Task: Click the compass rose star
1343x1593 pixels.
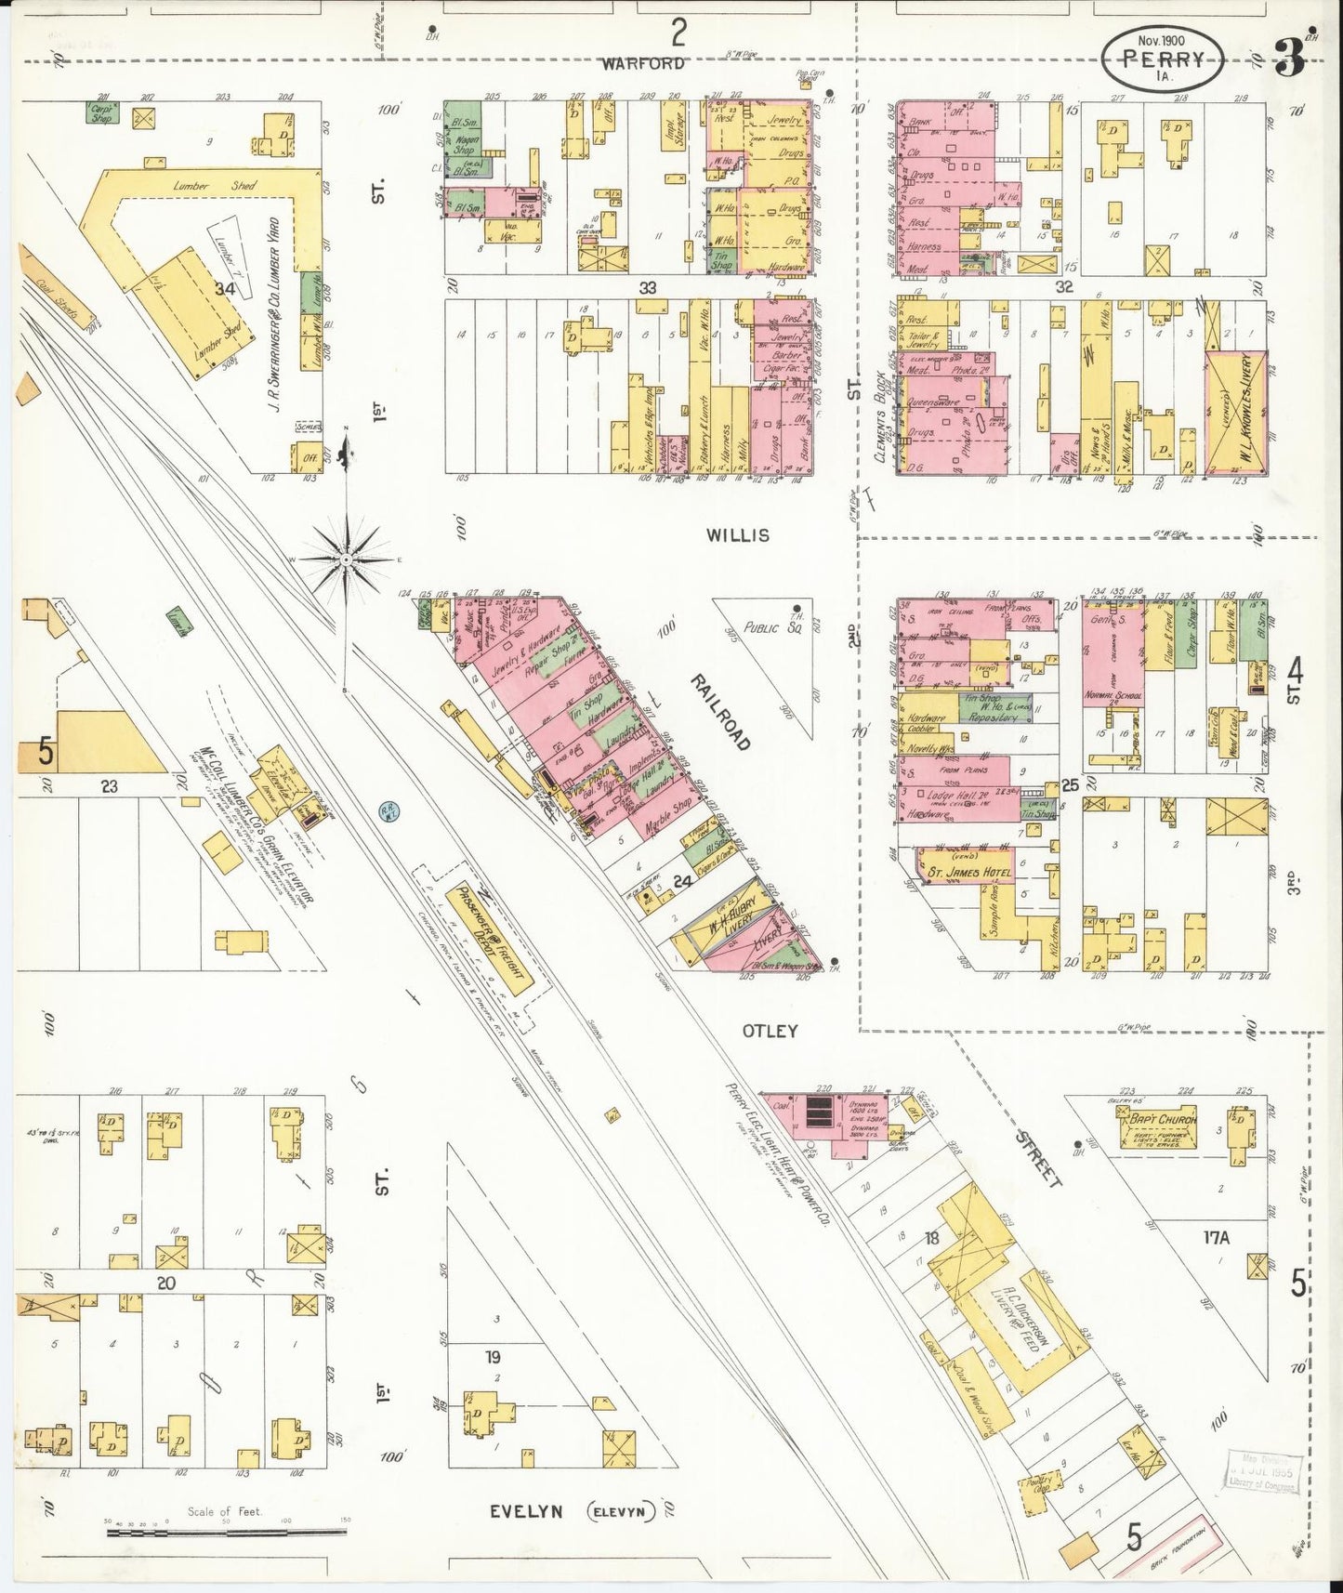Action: coord(346,560)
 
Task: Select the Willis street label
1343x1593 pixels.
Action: coord(737,535)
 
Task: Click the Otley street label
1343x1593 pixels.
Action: coord(770,1031)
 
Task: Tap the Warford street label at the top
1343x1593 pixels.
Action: coord(642,63)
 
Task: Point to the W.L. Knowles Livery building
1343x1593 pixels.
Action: coord(1235,412)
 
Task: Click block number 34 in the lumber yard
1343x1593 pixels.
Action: coord(224,289)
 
